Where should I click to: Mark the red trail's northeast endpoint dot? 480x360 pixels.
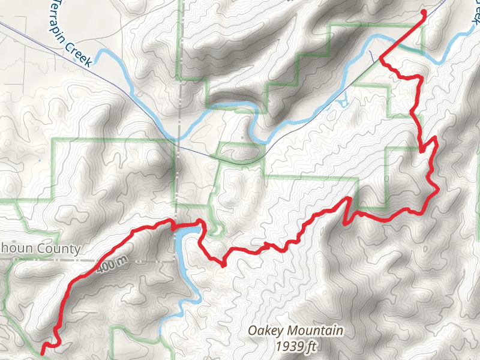pyautogui.click(x=424, y=12)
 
